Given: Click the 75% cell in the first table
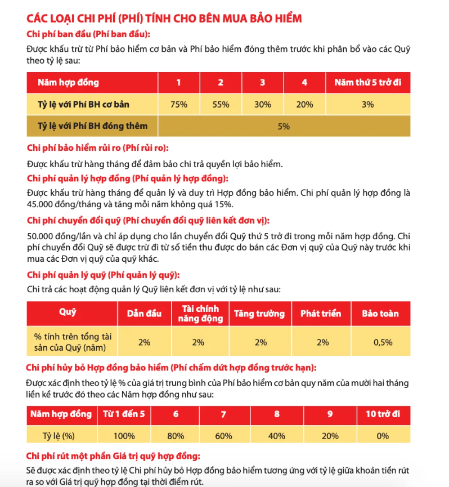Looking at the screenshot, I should [178, 104].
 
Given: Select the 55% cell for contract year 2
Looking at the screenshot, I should [221, 104].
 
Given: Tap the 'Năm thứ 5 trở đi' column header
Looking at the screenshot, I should [367, 83].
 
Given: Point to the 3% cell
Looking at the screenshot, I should [367, 104].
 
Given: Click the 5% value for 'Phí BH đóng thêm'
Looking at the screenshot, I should [284, 126].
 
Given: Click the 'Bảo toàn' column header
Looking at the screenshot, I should [380, 314].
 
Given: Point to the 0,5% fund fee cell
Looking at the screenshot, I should [380, 342].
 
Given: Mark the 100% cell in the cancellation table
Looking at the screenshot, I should [124, 436].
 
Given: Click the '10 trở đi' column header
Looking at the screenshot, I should [383, 414].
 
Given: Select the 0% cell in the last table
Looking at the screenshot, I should [383, 436].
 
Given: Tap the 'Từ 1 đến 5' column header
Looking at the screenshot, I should [124, 414].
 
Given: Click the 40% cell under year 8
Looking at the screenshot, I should [276, 436].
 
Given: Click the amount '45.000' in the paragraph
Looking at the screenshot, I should [42, 204].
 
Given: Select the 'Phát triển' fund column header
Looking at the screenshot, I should [321, 314].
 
